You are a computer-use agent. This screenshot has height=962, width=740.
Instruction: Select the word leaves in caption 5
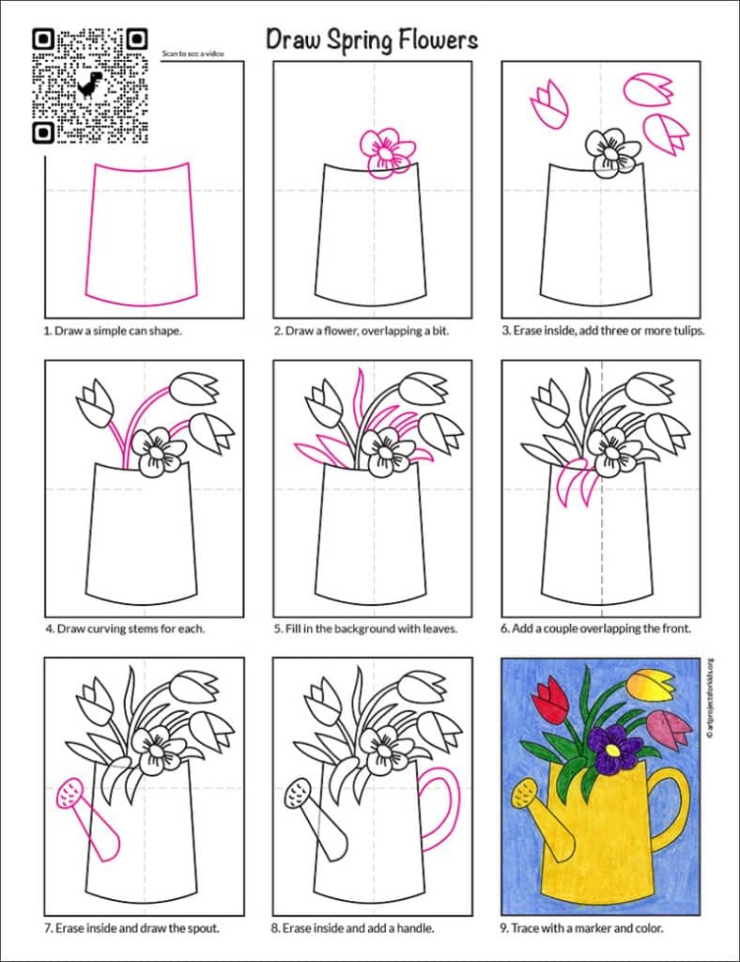pyautogui.click(x=438, y=628)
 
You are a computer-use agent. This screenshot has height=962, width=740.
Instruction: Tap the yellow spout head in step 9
pyautogui.click(x=519, y=799)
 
